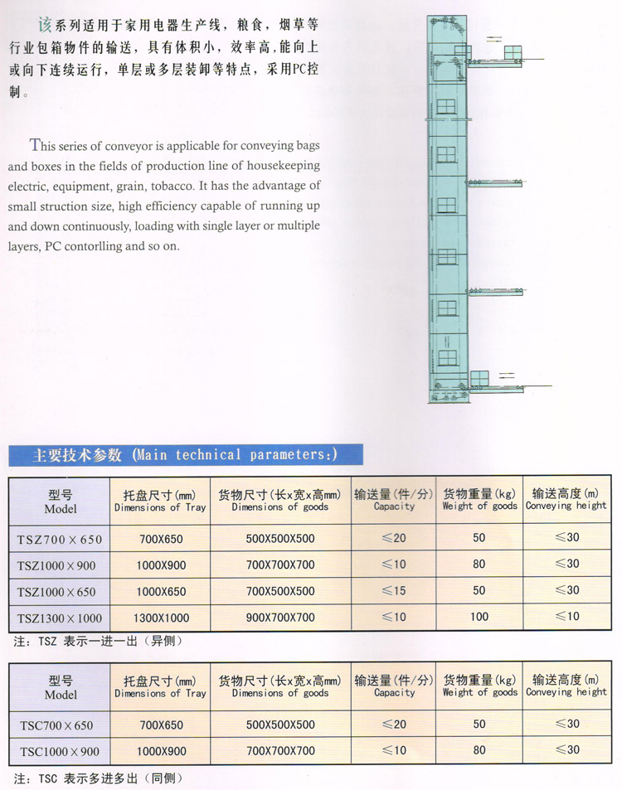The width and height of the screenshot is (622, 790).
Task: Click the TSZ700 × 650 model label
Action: pos(61,540)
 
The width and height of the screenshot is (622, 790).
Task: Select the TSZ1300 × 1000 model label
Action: pos(61,618)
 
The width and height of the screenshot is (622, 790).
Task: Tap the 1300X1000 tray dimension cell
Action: pos(161,618)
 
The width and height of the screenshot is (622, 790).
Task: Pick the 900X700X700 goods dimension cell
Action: pos(280,618)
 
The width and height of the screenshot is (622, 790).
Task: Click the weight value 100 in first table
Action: pos(479,617)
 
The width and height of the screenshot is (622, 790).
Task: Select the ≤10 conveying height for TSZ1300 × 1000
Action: pos(567,617)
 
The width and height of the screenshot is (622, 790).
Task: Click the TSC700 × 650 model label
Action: pos(61,725)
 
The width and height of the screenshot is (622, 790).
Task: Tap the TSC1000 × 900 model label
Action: pos(61,752)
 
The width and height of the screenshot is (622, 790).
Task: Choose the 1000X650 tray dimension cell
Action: pos(161,591)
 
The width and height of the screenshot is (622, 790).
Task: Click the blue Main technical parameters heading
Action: pos(185,454)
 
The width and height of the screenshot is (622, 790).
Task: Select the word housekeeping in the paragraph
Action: pos(279,166)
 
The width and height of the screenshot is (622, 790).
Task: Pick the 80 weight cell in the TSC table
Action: pos(479,751)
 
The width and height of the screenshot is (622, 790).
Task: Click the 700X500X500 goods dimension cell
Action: pos(280,591)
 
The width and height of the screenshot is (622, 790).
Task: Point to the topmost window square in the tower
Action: pos(446,106)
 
